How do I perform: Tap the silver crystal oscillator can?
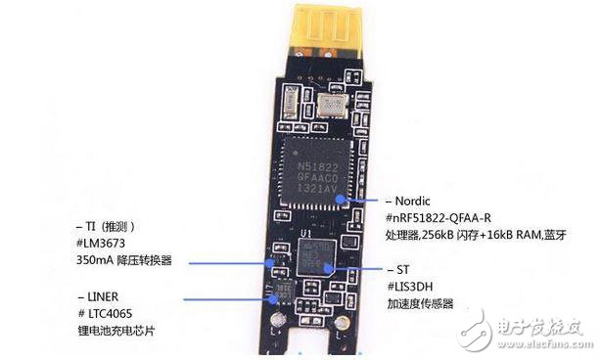(335, 103)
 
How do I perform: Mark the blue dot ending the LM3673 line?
(273, 262)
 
